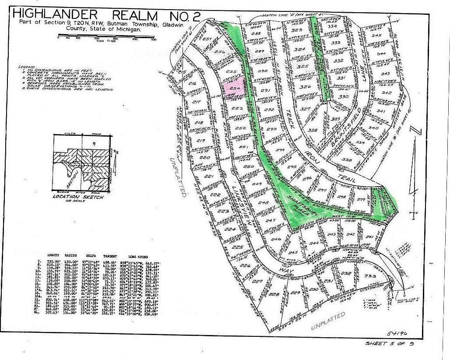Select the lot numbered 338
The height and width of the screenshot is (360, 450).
pyautogui.click(x=347, y=160)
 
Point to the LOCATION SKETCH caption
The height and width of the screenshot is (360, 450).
pyautogui.click(x=84, y=198)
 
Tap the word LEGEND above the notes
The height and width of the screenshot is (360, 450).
pyautogui.click(x=27, y=67)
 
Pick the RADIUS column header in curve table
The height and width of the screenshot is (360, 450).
pyautogui.click(x=71, y=255)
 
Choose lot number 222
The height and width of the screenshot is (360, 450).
pyautogui.click(x=215, y=194)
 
